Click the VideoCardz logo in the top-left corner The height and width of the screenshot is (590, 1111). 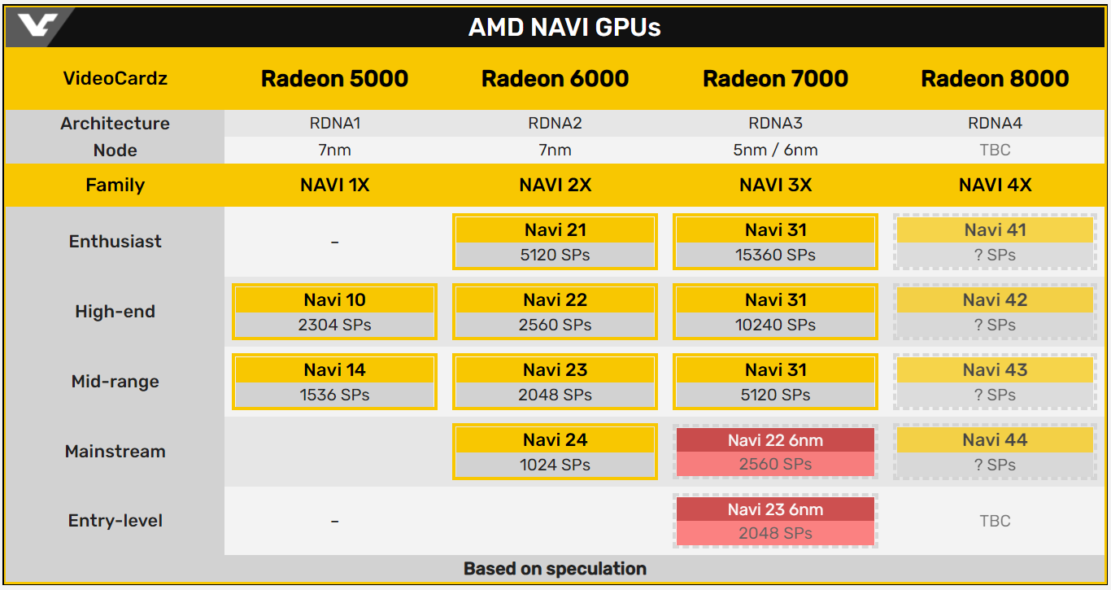[x=37, y=24]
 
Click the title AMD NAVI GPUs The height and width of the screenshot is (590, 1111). [x=564, y=28]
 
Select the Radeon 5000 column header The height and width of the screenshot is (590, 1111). [x=335, y=78]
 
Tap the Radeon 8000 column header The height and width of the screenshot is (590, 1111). [x=995, y=78]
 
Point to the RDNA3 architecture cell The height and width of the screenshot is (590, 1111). [x=775, y=123]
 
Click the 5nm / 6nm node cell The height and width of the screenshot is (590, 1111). [x=775, y=150]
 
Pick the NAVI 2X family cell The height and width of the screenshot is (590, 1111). [x=555, y=185]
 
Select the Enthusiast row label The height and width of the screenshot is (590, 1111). [x=115, y=241]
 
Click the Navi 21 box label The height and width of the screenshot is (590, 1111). [x=555, y=230]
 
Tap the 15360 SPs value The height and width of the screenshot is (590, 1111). [x=775, y=255]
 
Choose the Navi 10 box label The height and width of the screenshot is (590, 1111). [x=335, y=300]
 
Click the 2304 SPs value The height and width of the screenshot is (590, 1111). [x=335, y=325]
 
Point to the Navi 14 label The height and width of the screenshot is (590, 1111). [x=335, y=370]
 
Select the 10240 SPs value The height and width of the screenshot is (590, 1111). [x=775, y=325]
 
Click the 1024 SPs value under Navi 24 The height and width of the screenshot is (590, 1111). [x=555, y=465]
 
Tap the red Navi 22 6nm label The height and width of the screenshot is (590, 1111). [x=775, y=440]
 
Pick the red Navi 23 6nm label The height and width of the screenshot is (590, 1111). [x=775, y=509]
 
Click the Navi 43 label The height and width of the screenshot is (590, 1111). [x=995, y=370]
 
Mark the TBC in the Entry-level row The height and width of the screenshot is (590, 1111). [x=995, y=521]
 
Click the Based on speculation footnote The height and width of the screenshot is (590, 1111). [x=555, y=569]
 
